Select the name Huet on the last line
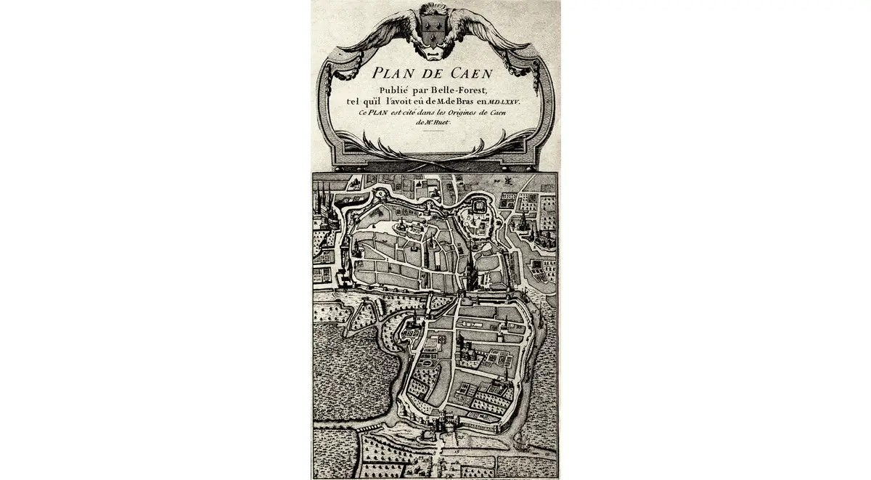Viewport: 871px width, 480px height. pyautogui.click(x=442, y=123)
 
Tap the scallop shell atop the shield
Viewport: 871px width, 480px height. pyautogui.click(x=434, y=10)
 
